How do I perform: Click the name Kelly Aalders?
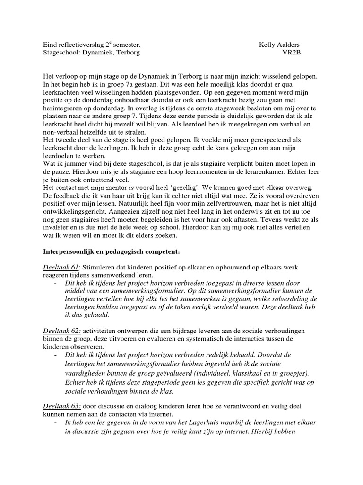(x=279, y=44)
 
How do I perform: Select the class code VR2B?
(x=291, y=52)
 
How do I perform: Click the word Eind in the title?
(x=50, y=44)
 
